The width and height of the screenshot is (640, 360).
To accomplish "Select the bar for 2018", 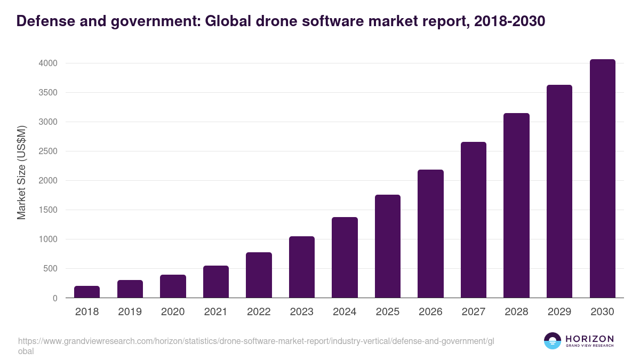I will point(87,292).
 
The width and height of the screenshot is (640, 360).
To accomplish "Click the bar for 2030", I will point(602,179).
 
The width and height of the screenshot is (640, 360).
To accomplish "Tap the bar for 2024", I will point(345,258).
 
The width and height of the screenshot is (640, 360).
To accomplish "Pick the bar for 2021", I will point(216,282).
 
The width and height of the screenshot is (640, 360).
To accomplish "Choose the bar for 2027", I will point(474,220).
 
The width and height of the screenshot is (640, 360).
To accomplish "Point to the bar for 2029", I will point(559,191).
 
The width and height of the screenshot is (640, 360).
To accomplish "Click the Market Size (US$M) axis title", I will point(22,173).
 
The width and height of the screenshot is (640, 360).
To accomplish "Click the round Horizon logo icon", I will point(553,341).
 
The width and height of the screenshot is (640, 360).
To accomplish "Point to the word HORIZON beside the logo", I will point(589,339).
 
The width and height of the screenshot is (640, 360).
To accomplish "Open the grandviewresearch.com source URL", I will point(257,341).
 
